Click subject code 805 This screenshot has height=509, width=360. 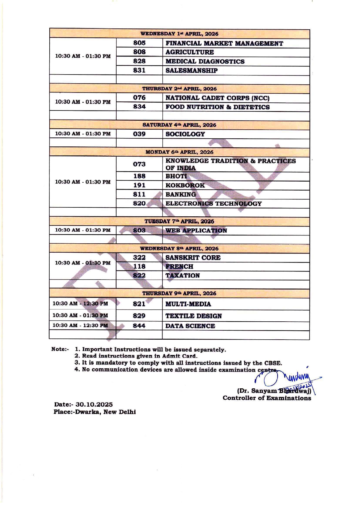139,43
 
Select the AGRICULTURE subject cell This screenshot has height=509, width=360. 190,52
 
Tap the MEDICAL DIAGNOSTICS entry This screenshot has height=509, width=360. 205,61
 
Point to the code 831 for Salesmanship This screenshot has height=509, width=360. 139,70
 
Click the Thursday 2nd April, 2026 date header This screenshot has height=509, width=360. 179,89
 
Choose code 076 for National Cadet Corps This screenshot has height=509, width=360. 139,98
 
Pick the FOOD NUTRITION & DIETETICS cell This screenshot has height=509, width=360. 218,107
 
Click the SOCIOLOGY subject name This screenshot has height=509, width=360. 185,134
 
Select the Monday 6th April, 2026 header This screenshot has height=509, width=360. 179,152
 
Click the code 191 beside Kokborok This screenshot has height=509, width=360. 139,185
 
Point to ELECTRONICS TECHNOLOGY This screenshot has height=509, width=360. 214,204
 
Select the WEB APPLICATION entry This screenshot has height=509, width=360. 196,231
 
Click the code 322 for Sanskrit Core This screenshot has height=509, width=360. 139,258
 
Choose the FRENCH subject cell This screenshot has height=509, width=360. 179,267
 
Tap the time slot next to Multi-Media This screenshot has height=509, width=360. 80,304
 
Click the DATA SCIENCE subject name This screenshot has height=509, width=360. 190,326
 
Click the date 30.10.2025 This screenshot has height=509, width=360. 94,405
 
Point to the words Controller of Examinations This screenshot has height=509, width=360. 267,398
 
